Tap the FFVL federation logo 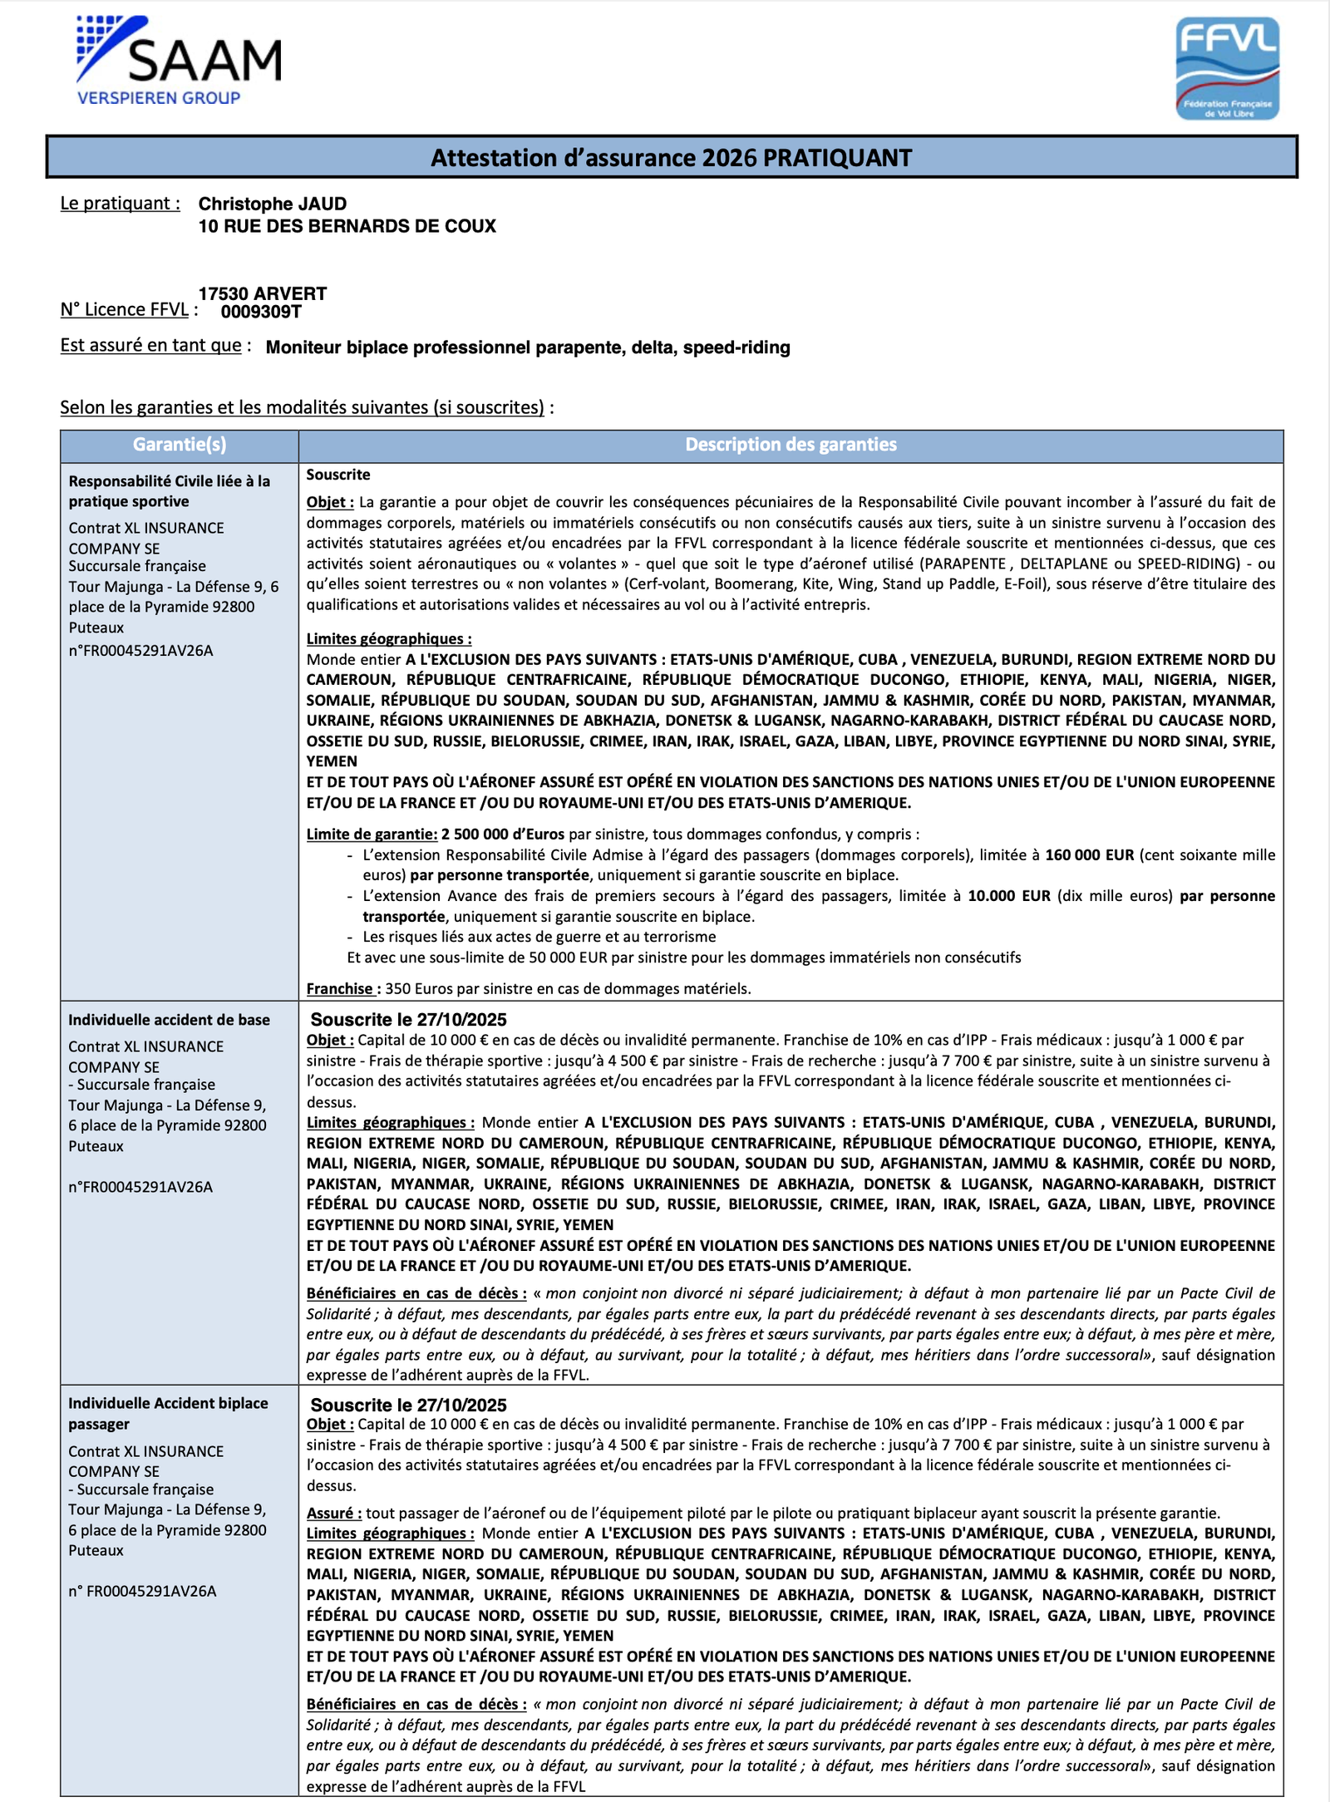1227,68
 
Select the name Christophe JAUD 272,204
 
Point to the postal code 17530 224,293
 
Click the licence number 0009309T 261,312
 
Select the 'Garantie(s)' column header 180,445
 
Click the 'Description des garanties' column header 791,445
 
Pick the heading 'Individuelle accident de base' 169,1020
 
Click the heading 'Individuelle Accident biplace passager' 168,1413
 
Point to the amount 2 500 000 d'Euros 503,835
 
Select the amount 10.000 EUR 1008,896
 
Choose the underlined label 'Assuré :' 334,1514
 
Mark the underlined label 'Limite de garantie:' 372,835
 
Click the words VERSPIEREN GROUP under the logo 159,98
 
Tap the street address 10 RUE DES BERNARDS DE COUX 347,226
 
